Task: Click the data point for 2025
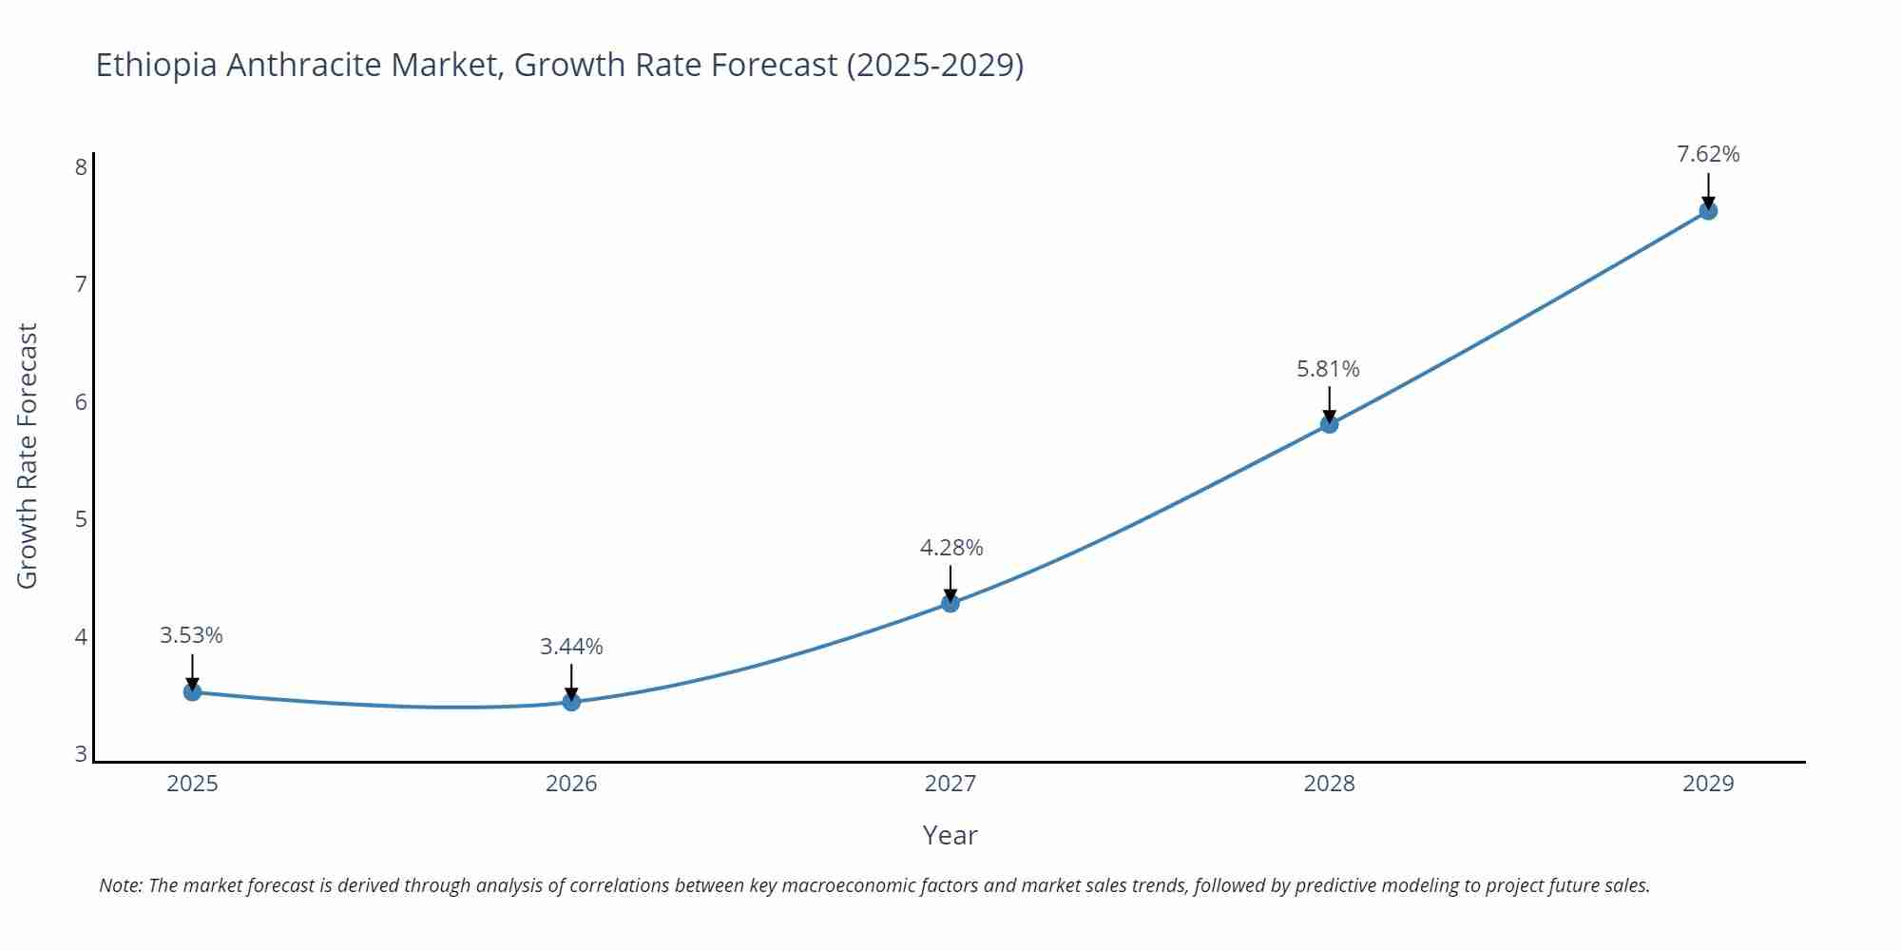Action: [192, 692]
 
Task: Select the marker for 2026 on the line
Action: [571, 702]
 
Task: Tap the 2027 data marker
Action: [950, 603]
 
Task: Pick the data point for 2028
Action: [1329, 424]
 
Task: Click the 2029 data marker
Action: [1708, 211]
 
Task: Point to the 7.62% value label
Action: [1708, 154]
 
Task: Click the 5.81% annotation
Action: [1328, 369]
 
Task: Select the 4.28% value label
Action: [950, 548]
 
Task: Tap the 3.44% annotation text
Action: [571, 647]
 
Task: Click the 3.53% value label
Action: [191, 635]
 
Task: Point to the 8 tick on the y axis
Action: [81, 167]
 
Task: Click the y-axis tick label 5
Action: [81, 519]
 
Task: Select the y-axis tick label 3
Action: [81, 754]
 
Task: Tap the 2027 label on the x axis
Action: [950, 784]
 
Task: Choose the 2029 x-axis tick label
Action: [1708, 784]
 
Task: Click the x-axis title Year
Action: [950, 835]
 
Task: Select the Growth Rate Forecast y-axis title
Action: [28, 456]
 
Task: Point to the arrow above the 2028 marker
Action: [1329, 403]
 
